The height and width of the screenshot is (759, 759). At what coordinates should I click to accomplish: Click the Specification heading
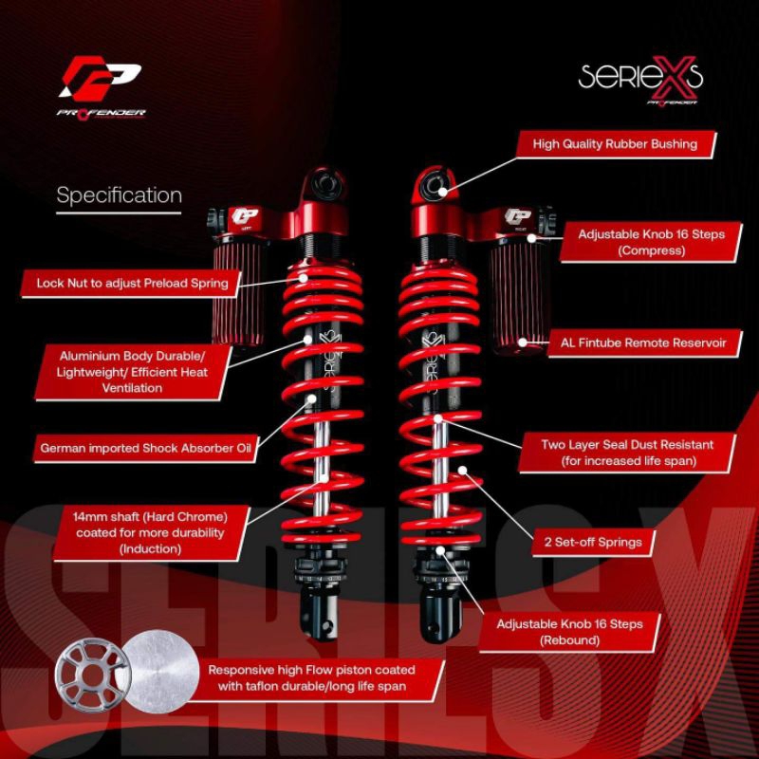(x=119, y=196)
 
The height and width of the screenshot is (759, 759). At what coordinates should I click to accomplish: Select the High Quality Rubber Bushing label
(x=615, y=144)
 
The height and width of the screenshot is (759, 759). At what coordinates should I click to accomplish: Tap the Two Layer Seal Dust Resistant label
(x=627, y=452)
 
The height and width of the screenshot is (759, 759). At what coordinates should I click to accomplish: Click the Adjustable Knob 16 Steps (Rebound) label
(x=583, y=631)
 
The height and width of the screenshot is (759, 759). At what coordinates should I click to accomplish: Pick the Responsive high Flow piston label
(x=311, y=676)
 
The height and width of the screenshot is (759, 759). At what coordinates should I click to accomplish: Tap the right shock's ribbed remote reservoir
(x=516, y=294)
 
